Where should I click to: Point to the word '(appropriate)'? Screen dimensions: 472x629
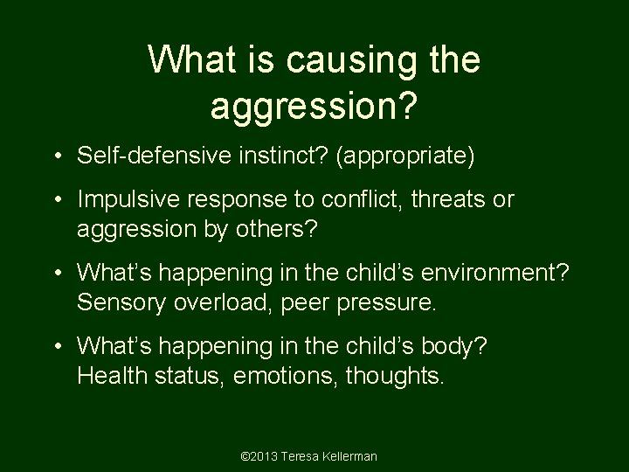pos(397,158)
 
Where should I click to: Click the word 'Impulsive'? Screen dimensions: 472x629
pos(122,199)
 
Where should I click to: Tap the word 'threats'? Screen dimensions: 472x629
pos(444,199)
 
